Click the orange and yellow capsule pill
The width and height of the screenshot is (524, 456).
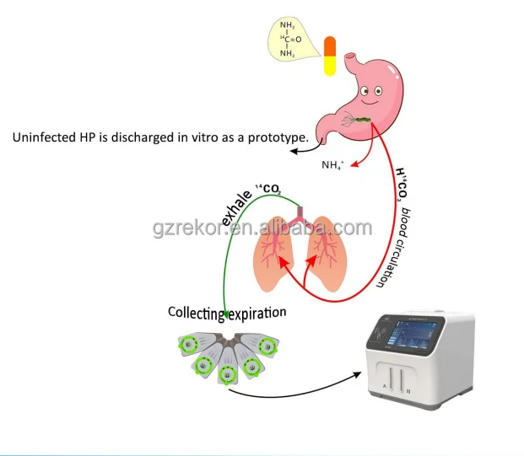(330, 56)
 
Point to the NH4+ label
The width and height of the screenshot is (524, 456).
(332, 165)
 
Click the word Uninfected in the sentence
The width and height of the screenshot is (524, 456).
(43, 137)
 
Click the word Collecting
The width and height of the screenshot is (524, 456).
(196, 314)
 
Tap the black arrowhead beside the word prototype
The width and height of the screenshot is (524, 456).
(294, 152)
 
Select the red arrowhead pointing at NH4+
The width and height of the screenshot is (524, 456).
(353, 163)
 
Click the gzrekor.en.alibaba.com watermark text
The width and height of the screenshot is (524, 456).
(262, 228)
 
